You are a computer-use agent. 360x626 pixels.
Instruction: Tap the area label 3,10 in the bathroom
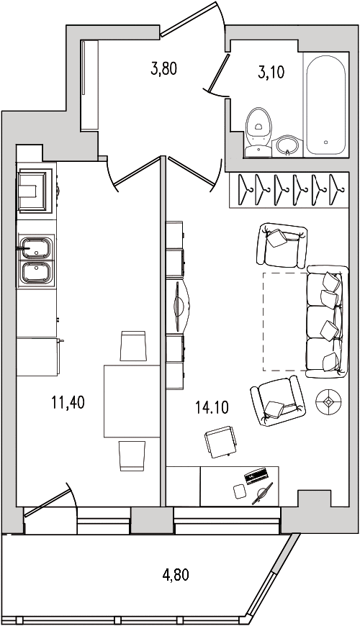click(x=271, y=72)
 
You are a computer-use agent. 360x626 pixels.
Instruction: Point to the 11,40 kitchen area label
click(x=68, y=402)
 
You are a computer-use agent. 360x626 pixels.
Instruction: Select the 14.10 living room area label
click(x=212, y=407)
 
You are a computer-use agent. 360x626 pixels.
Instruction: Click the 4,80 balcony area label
click(x=176, y=575)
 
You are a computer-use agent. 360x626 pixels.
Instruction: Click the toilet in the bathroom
click(x=258, y=132)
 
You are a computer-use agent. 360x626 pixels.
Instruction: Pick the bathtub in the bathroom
click(x=326, y=105)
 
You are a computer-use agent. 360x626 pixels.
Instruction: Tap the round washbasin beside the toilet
click(x=288, y=146)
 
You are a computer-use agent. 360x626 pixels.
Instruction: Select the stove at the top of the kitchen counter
click(x=35, y=191)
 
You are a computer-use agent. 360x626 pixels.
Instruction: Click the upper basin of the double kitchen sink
click(x=36, y=248)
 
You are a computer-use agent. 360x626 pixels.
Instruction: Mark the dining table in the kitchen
click(x=132, y=401)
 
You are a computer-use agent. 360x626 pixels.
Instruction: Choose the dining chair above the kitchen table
click(x=133, y=345)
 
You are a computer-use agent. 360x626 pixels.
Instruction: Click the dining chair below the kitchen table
click(x=132, y=456)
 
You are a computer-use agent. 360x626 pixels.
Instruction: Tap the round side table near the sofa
click(x=328, y=402)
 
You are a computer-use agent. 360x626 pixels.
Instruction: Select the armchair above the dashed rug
click(x=282, y=245)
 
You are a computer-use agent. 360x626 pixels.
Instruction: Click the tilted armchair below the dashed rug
click(x=278, y=401)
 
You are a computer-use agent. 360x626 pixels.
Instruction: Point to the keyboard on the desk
click(x=256, y=476)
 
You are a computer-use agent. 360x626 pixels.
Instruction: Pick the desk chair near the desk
click(x=220, y=442)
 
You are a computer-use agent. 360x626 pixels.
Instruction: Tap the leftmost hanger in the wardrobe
click(x=244, y=189)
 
